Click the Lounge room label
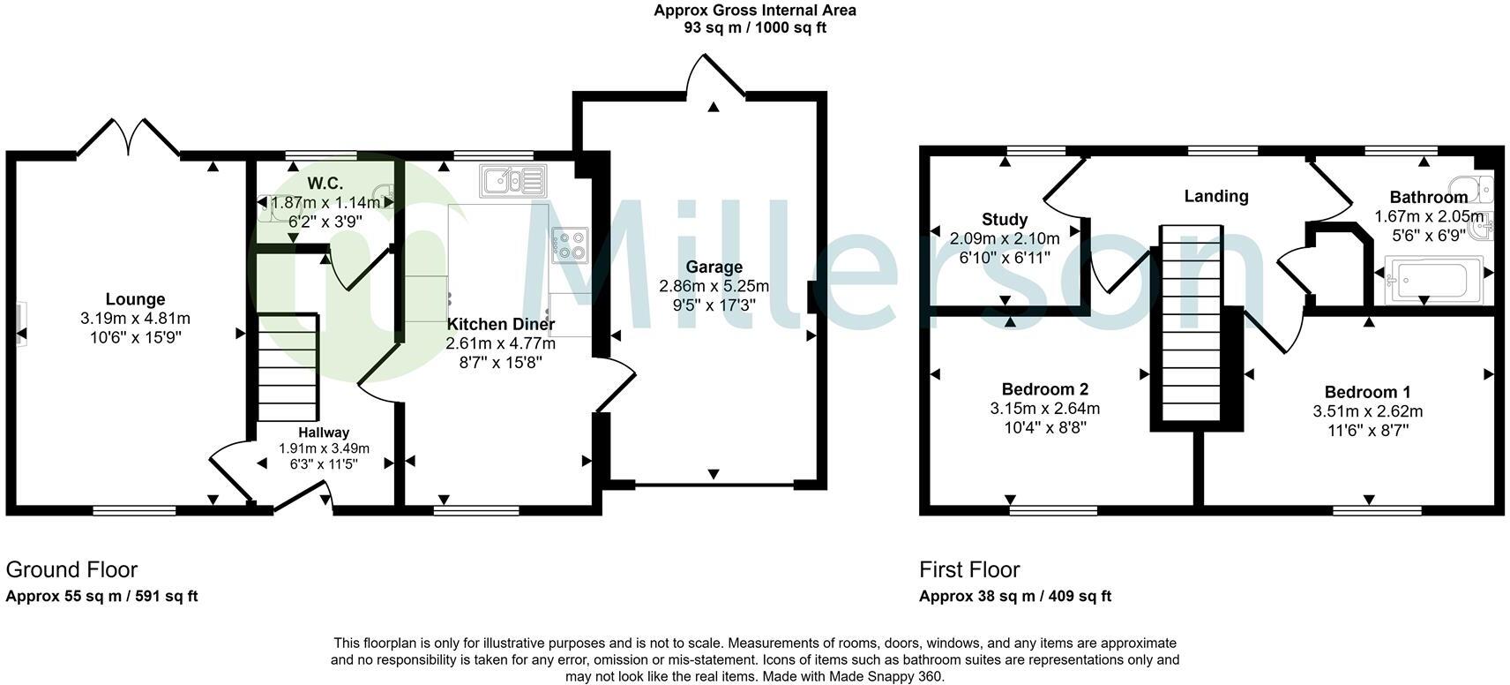point(136,299)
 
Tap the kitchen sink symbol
point(513,181)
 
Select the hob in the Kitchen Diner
point(570,245)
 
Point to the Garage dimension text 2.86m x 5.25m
point(714,286)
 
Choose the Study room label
point(1005,219)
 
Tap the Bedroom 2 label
point(1045,389)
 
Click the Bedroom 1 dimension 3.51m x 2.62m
point(1368,411)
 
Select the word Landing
point(1217,196)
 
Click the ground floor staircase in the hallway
point(288,367)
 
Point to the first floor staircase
point(1191,323)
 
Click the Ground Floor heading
point(72,569)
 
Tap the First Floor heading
point(969,569)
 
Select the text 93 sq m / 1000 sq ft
point(755,27)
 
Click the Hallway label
point(325,433)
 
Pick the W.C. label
point(325,183)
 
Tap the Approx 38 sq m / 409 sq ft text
point(1015,597)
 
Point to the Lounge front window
point(134,510)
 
